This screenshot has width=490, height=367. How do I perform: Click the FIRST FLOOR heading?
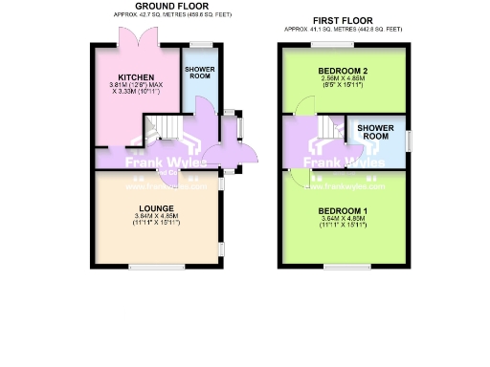pyautogui.click(x=341, y=18)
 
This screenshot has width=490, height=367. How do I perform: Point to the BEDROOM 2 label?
pyautogui.click(x=341, y=72)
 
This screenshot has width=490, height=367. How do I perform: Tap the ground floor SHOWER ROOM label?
pyautogui.click(x=200, y=73)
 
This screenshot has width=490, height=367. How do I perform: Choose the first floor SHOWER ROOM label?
pyautogui.click(x=374, y=132)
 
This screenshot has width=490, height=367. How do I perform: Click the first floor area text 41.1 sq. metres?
pyautogui.click(x=341, y=27)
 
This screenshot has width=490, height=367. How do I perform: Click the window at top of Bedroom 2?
pyautogui.click(x=332, y=46)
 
